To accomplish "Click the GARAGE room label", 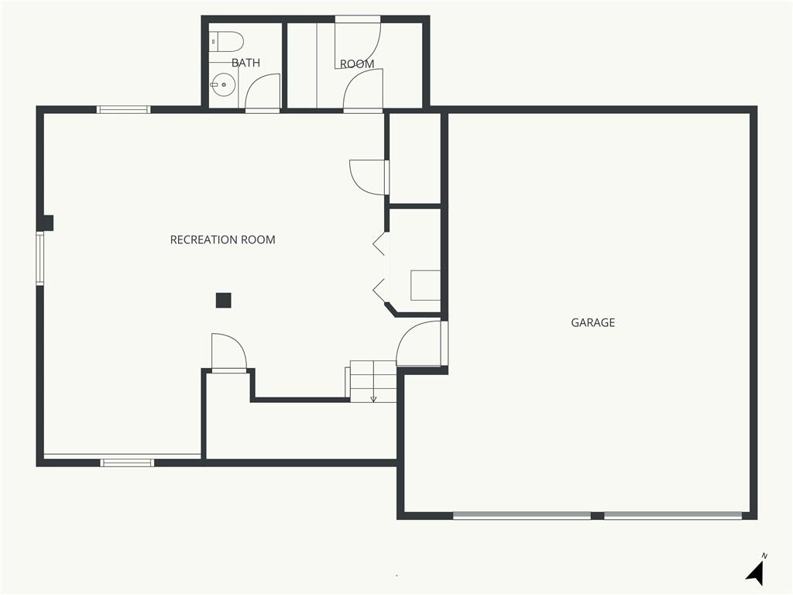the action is click(x=592, y=322).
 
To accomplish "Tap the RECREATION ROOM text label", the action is click(x=222, y=240).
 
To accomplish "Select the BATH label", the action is click(x=245, y=63).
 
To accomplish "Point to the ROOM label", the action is click(x=357, y=64).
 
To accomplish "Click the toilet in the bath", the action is click(x=226, y=43).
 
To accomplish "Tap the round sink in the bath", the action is click(x=223, y=85).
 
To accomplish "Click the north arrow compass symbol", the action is click(x=756, y=572).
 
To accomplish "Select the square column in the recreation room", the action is click(x=224, y=301).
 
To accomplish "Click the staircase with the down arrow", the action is click(x=372, y=381).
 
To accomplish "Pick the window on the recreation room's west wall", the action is click(x=39, y=258).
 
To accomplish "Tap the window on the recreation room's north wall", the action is click(x=123, y=109).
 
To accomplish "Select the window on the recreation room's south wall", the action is click(x=127, y=463).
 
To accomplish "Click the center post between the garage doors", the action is click(x=597, y=515).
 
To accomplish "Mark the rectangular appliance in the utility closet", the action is click(x=425, y=285).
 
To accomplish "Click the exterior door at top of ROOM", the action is click(x=358, y=19).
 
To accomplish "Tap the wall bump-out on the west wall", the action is click(x=48, y=223).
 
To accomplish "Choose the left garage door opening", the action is click(x=522, y=515).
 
